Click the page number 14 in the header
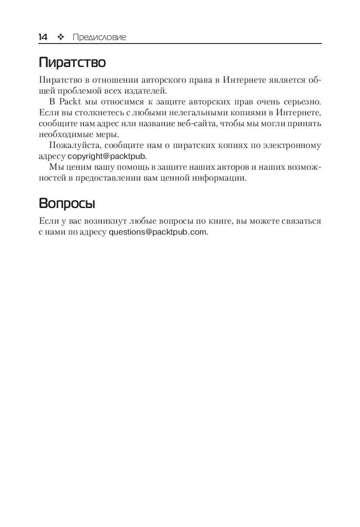coord(43,37)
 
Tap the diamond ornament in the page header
coord(61,37)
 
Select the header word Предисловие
coord(99,37)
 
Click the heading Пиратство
coord(72,63)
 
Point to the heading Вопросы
coord(67,203)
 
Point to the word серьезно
coord(302,102)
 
